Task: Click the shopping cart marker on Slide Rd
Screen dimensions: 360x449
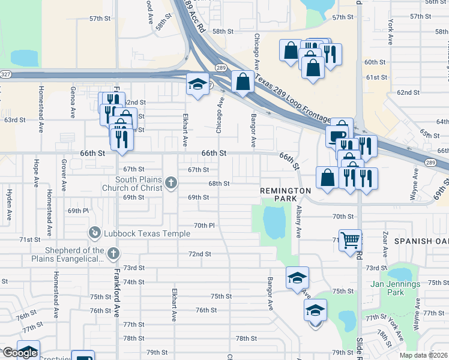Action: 350,240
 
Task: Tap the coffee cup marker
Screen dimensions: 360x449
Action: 337,136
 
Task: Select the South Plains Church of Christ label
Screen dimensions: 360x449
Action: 139,184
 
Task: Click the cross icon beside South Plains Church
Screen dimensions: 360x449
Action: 171,182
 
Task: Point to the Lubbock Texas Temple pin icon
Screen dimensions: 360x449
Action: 94,232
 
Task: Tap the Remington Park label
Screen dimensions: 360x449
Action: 286,194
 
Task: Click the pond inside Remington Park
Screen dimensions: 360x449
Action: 274,221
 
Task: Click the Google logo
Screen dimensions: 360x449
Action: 19,353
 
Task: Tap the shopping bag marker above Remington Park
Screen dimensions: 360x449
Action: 327,178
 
